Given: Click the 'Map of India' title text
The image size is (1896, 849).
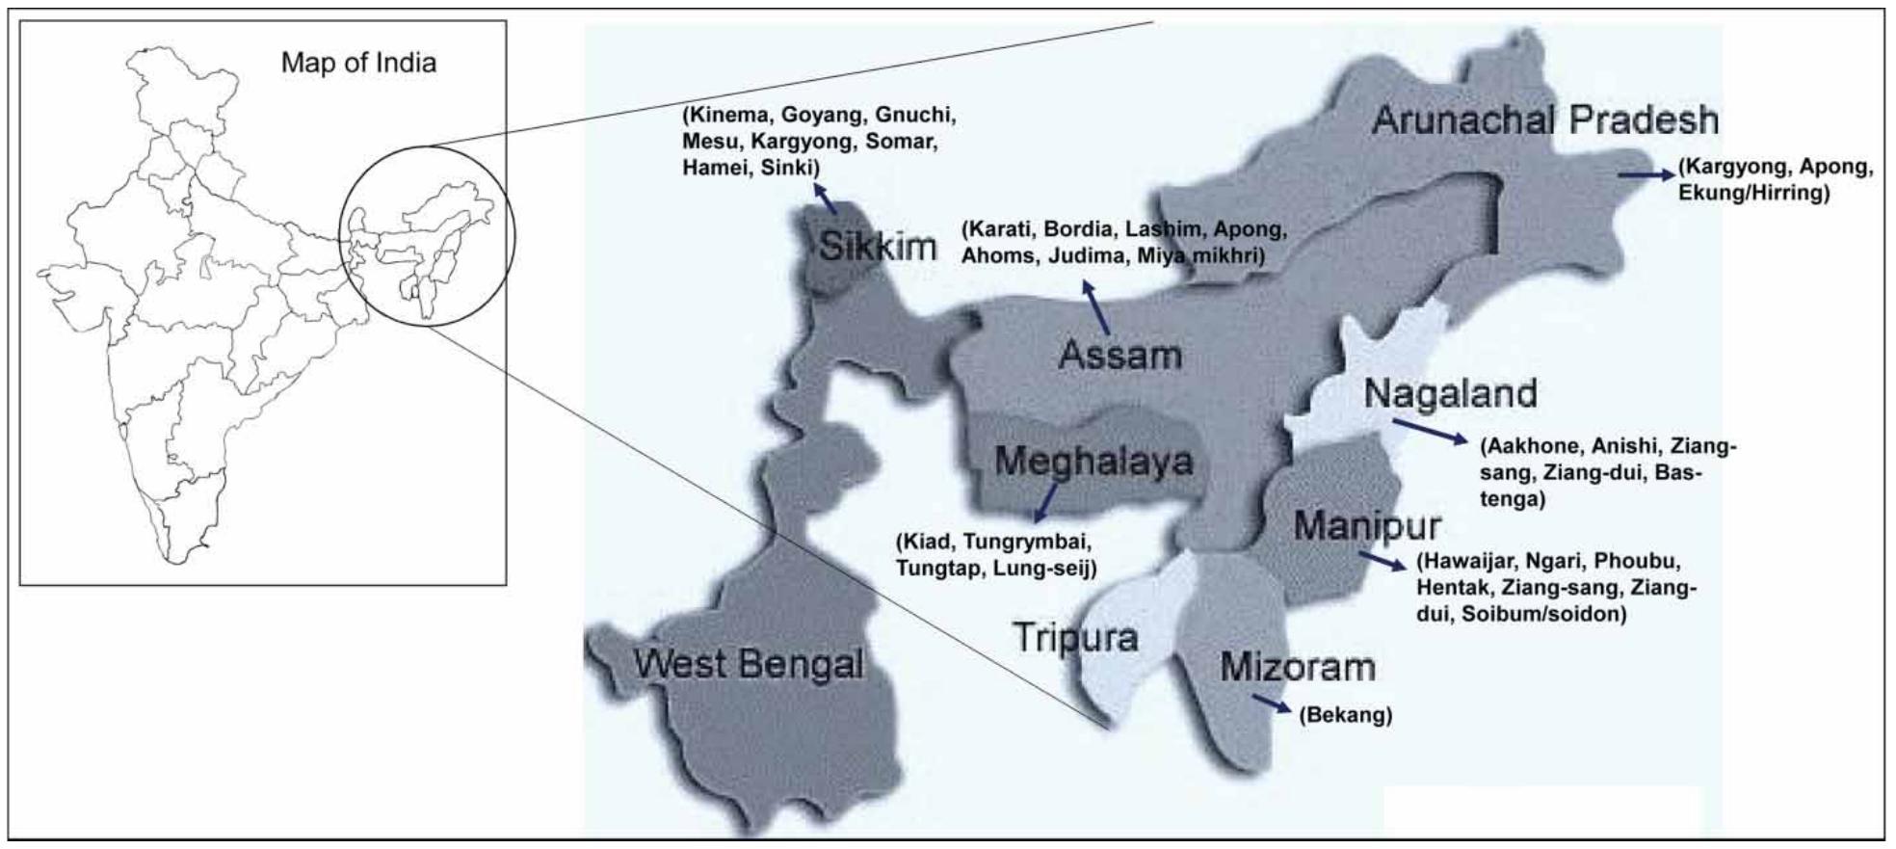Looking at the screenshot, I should pos(358,64).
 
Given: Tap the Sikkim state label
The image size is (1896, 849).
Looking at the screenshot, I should pos(877,247).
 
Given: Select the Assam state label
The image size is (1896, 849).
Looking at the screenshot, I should pos(1119,355).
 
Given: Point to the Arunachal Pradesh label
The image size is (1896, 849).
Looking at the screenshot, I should pos(1544,120).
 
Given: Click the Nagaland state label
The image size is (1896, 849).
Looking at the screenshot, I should pos(1450,393).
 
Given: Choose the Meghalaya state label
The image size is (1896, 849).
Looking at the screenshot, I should pos(1093,461).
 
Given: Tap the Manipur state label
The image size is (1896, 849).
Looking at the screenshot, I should pos(1366,526).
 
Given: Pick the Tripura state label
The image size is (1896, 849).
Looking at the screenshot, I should pos(1075,637).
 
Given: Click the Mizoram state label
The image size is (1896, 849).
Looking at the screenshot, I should pos(1297,667).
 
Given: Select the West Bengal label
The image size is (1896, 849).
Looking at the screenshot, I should pos(749,664).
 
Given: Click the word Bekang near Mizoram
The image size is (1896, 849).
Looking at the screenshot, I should pos(1345,716).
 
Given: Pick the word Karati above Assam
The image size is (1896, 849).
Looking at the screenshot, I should pos(999,230).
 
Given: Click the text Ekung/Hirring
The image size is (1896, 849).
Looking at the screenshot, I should pos(1752,193).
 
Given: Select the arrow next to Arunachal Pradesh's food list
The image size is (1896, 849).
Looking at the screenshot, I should pos(1646,174).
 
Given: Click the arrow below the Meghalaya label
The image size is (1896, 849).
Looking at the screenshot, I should pos(1042,502).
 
